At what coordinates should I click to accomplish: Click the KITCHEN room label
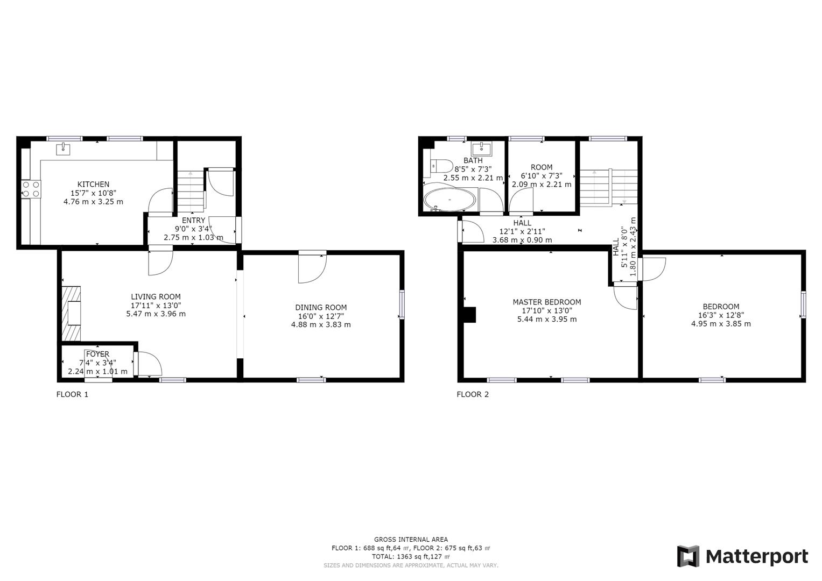[x=93, y=185]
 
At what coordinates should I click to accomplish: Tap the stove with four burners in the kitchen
[x=31, y=189]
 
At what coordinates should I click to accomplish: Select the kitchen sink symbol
[x=64, y=148]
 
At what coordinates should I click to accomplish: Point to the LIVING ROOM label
[x=156, y=297]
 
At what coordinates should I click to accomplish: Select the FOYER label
[x=97, y=354]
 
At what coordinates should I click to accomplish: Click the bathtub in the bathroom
[x=450, y=201]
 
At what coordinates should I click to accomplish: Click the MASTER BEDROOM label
[x=546, y=302]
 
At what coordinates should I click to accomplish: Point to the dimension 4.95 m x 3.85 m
[x=721, y=324]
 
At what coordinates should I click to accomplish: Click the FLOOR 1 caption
[x=72, y=394]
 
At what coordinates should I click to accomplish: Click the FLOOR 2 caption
[x=473, y=394]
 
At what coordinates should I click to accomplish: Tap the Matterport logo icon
[x=688, y=556]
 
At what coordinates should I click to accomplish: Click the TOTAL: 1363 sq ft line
[x=411, y=557]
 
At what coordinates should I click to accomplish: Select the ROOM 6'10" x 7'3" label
[x=541, y=167]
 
